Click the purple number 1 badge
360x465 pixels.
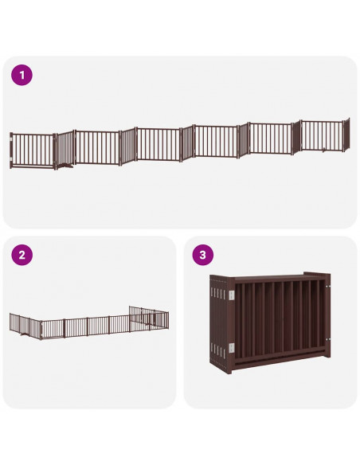tap(22, 76)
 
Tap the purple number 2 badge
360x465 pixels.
tap(22, 256)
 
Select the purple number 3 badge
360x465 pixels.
tap(204, 256)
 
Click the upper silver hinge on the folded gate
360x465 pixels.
tap(231, 295)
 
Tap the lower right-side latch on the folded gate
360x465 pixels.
tap(328, 340)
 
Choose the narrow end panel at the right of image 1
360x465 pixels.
tap(346, 135)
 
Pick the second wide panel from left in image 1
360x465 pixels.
tap(96, 147)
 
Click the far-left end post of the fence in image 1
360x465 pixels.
tap(11, 150)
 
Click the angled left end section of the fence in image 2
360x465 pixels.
tap(18, 322)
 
